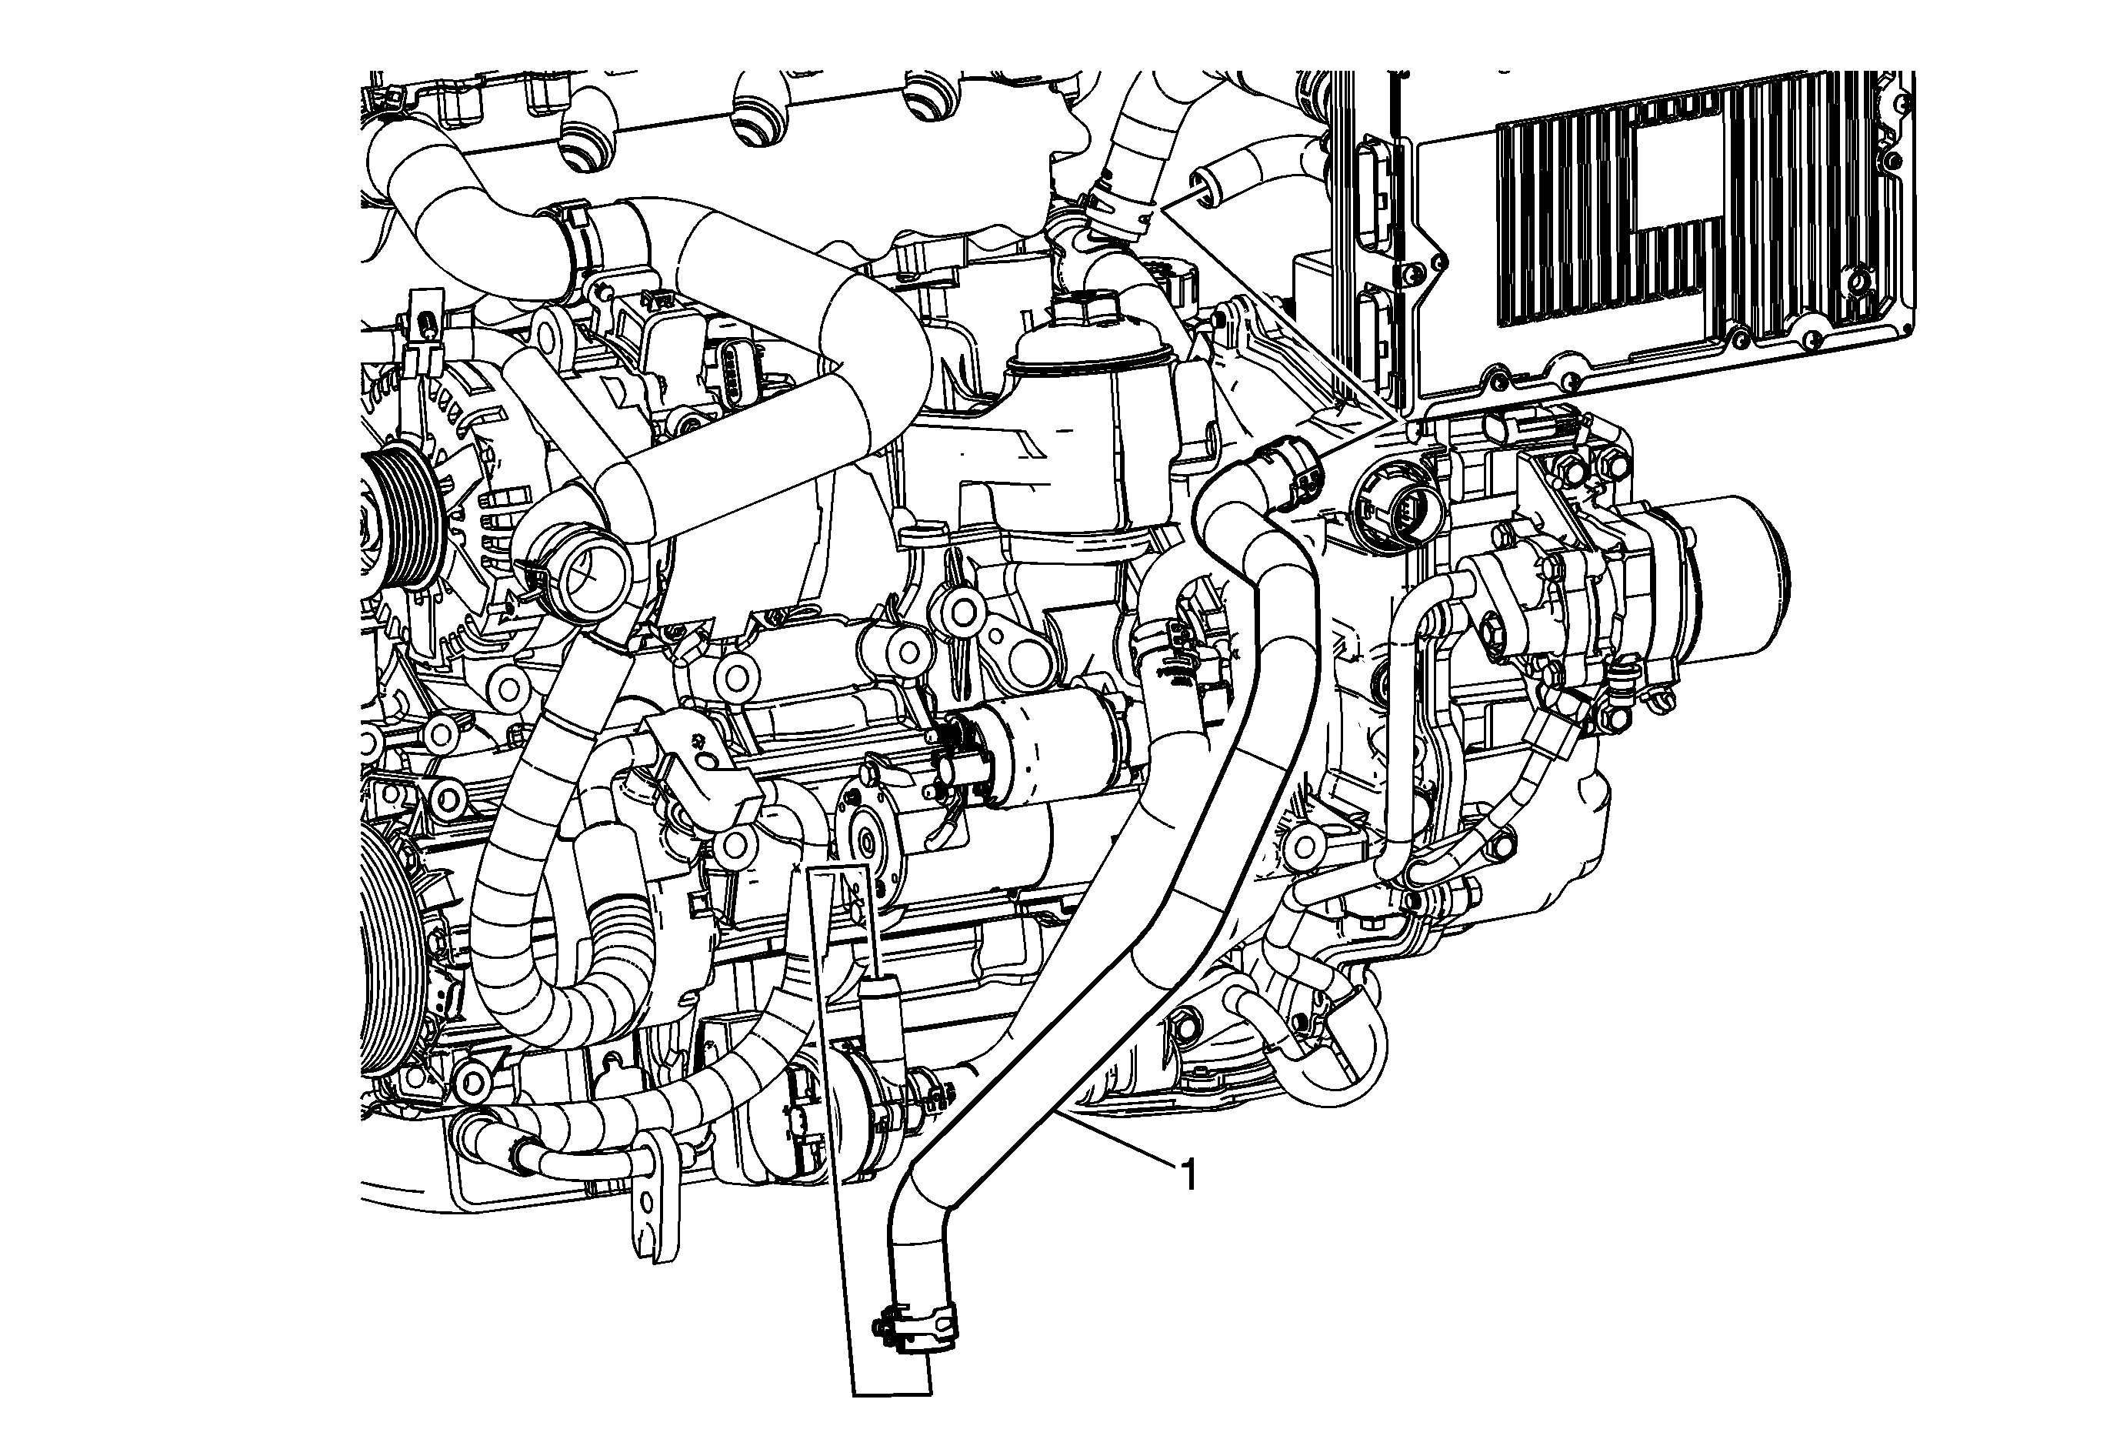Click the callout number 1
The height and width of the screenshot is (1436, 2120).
(x=1188, y=1174)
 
